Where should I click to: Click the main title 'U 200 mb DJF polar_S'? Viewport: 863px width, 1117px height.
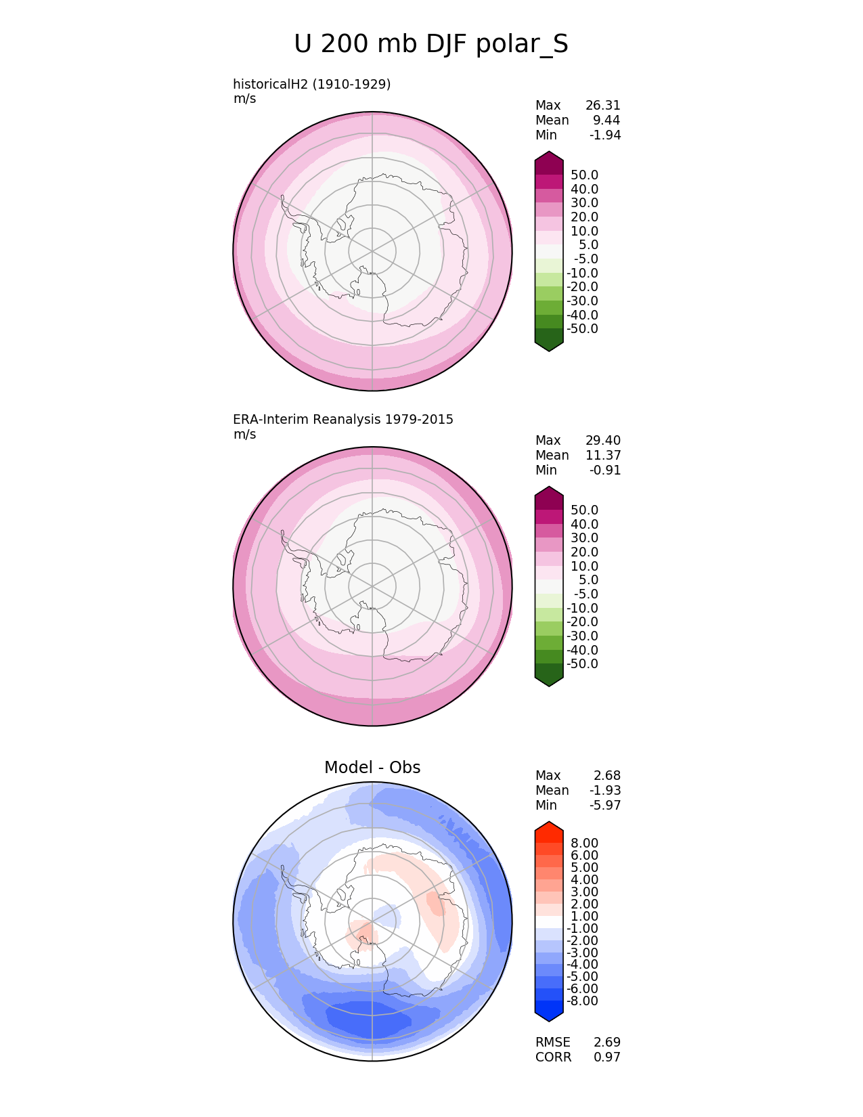[x=431, y=45]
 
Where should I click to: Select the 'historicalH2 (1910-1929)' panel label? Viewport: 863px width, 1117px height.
[x=312, y=84]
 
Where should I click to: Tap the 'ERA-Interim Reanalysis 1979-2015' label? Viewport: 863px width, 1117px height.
[x=343, y=419]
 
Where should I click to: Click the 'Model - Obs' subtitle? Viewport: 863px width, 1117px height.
[x=372, y=767]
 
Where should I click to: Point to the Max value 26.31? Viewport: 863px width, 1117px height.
[x=602, y=105]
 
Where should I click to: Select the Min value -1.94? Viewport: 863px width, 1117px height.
[x=605, y=135]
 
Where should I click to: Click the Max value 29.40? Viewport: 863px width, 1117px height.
[x=602, y=440]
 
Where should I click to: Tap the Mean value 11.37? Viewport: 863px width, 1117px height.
[x=602, y=455]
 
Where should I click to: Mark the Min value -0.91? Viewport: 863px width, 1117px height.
[x=605, y=470]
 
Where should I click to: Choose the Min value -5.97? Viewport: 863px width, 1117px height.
[x=605, y=805]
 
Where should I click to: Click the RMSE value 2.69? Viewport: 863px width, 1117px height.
[x=606, y=1042]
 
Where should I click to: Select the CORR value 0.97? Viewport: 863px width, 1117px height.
[x=606, y=1057]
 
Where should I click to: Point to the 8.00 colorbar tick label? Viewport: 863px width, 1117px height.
[x=584, y=843]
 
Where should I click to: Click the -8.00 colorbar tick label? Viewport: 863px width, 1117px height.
[x=582, y=1001]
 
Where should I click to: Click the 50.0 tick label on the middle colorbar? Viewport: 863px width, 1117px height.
[x=584, y=510]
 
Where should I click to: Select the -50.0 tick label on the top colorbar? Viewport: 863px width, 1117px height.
[x=582, y=329]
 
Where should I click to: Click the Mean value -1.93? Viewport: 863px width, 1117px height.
[x=605, y=790]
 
